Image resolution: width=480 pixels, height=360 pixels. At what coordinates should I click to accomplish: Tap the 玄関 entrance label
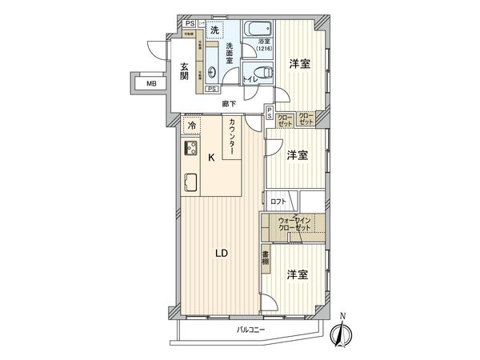(x=183, y=71)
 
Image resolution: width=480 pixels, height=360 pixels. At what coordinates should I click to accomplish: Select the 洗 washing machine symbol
(x=214, y=30)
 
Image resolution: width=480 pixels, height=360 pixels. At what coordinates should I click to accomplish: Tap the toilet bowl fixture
(x=254, y=76)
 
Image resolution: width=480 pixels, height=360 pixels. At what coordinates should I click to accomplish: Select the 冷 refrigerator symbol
(x=192, y=125)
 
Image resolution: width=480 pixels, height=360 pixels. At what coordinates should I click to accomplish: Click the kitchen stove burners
(x=192, y=148)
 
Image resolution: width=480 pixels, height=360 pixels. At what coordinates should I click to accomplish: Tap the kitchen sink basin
(x=192, y=181)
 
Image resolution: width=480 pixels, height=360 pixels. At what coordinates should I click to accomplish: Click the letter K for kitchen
(x=211, y=158)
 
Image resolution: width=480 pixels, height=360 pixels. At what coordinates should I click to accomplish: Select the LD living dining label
(x=222, y=254)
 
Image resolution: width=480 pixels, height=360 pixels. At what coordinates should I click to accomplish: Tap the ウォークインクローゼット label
(x=294, y=225)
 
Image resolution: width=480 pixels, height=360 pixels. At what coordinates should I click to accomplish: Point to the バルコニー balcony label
(x=251, y=330)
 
